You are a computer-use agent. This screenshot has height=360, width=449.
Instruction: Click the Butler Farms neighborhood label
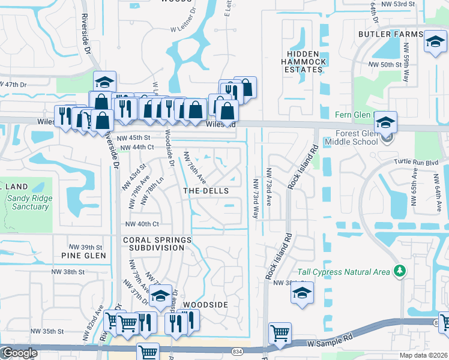(x=390, y=35)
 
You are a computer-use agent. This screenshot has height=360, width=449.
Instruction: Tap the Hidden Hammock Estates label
(x=304, y=62)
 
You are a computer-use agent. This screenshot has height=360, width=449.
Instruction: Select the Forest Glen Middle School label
(x=351, y=138)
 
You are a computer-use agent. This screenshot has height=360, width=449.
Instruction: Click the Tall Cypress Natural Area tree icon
(x=399, y=272)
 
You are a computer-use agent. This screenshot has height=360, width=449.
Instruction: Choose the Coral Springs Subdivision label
(x=157, y=244)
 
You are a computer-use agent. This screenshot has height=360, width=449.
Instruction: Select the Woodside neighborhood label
(x=205, y=305)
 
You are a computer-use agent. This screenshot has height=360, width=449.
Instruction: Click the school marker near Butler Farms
(x=435, y=41)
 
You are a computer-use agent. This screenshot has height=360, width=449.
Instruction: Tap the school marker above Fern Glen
(x=385, y=121)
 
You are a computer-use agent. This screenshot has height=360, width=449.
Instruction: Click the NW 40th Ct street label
(x=141, y=224)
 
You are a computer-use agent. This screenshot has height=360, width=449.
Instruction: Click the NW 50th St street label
(x=385, y=65)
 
